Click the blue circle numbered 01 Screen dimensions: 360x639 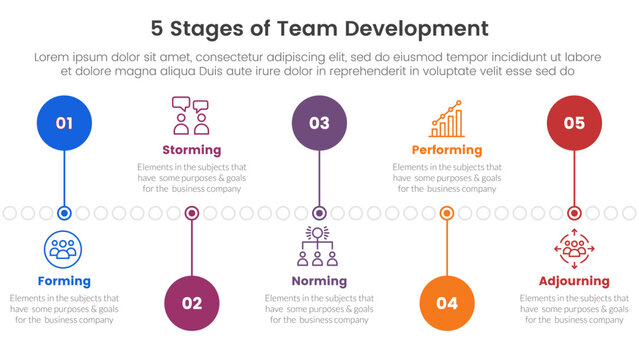tap(64, 123)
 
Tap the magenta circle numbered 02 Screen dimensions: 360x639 tap(192, 303)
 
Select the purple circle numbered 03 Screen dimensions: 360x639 tap(319, 123)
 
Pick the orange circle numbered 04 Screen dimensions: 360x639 tap(447, 303)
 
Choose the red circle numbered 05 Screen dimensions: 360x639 tap(574, 123)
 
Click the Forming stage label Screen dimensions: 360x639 tap(64, 281)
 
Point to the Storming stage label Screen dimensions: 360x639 tap(191, 150)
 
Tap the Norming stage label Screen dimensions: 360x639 tap(319, 281)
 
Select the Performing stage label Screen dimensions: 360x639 tap(447, 150)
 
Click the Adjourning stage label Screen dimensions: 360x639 tap(574, 281)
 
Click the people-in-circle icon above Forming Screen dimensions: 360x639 tap(64, 249)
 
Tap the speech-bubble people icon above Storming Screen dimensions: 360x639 tap(191, 116)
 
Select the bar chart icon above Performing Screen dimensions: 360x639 tap(447, 118)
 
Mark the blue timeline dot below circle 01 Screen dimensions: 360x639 tap(64, 213)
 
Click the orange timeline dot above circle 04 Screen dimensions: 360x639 tap(447, 213)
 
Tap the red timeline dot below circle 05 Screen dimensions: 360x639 tap(574, 213)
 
